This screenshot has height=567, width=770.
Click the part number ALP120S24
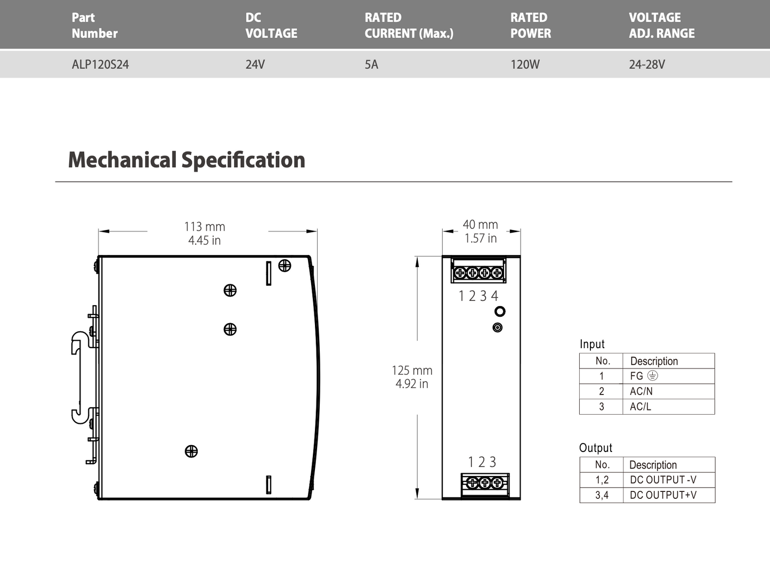pyautogui.click(x=100, y=64)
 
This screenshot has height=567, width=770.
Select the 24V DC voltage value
pyautogui.click(x=255, y=64)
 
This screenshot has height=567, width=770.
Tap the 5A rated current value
pyautogui.click(x=371, y=64)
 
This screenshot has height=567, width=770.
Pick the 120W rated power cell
pyautogui.click(x=525, y=64)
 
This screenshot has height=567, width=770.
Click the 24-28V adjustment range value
pyautogui.click(x=647, y=64)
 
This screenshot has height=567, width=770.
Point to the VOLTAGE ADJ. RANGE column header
pyautogui.click(x=662, y=26)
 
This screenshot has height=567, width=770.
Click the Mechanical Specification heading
pyautogui.click(x=187, y=160)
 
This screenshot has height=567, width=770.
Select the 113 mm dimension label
pyautogui.click(x=205, y=227)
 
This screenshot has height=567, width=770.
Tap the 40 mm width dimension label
pyautogui.click(x=480, y=225)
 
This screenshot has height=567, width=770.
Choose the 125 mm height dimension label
pyautogui.click(x=412, y=371)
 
